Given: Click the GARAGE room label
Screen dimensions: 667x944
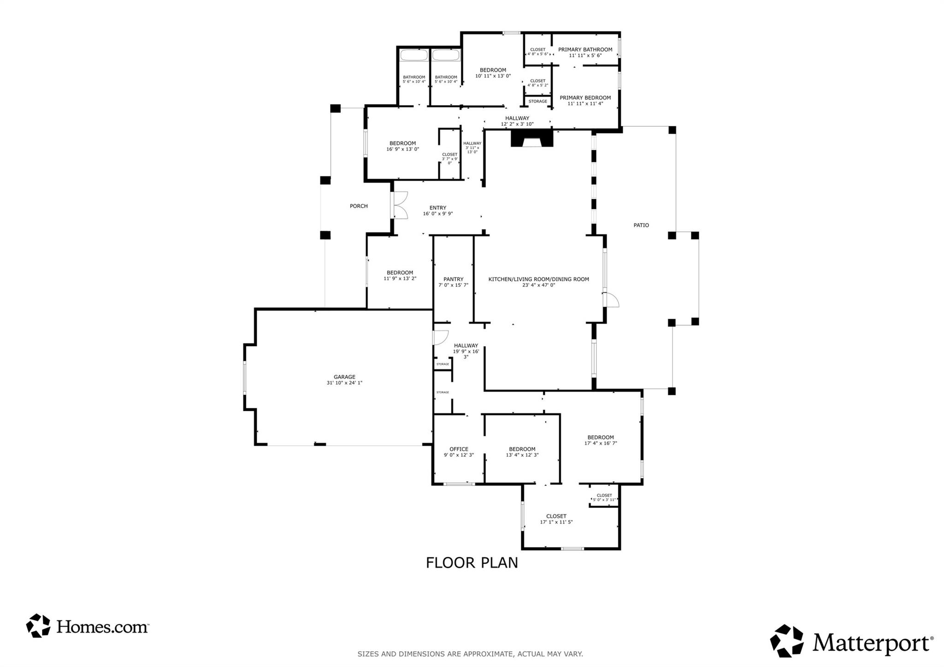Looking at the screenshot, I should coord(344,377).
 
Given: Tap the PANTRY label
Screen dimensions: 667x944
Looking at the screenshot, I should coord(453,279).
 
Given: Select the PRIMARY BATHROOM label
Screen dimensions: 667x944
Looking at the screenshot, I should coord(585,50).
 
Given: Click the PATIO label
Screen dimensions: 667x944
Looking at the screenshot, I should coord(641,225).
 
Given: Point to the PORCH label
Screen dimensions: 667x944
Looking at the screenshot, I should coord(359,206).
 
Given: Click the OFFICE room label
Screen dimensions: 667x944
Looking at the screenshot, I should coord(459,449).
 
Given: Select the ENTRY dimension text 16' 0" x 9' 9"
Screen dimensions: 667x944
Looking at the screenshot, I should coord(437,214).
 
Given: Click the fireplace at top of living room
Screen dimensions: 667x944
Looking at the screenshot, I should coord(531,138).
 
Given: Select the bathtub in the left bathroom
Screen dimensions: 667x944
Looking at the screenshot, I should coord(413,55).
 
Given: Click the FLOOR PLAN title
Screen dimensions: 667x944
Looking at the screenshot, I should coord(472,563).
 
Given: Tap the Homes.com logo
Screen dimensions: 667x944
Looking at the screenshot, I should coord(88,626).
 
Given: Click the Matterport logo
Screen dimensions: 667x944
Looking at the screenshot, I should coord(851,641).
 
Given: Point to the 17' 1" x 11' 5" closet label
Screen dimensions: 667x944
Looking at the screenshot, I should coord(556,519).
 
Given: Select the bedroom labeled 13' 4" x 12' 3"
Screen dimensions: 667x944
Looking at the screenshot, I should coord(522,452).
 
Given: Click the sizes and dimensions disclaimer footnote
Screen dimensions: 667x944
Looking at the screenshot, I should coord(470,654).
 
